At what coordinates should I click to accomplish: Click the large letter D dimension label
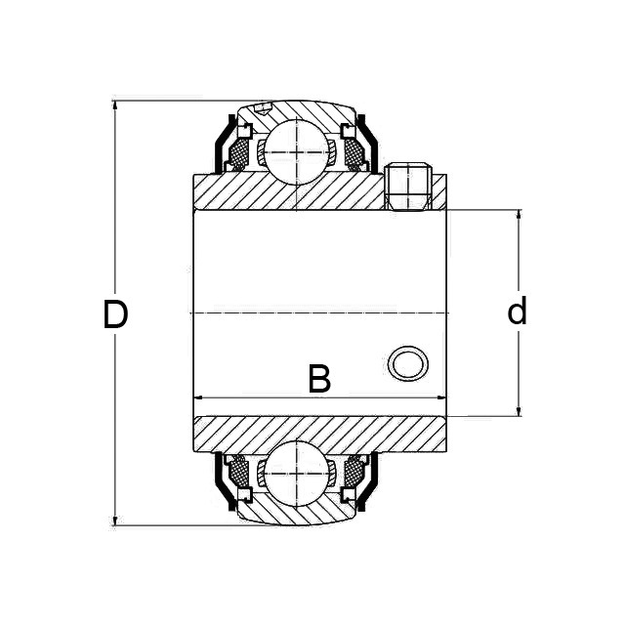[115, 314]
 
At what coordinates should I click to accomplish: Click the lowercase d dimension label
[517, 312]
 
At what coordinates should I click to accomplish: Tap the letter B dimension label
[319, 379]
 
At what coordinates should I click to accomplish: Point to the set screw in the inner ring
[408, 187]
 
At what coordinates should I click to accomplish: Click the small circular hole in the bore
[407, 363]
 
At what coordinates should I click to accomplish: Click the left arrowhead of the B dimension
[199, 397]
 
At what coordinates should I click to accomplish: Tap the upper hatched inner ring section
[293, 193]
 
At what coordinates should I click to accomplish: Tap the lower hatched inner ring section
[293, 433]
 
